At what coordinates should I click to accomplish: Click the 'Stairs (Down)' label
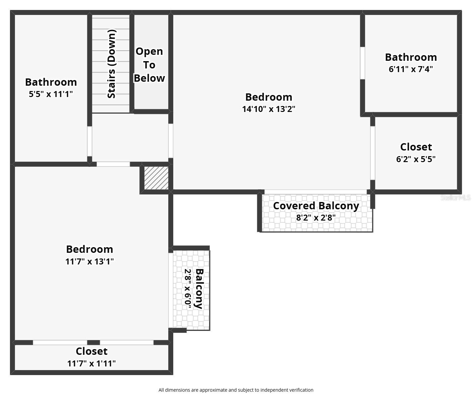(x=112, y=64)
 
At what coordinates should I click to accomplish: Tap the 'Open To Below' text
(x=149, y=65)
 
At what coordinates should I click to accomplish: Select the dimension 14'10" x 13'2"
(x=269, y=109)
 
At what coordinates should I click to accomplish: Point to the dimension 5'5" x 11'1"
(x=51, y=94)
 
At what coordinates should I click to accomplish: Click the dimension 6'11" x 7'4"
(x=411, y=69)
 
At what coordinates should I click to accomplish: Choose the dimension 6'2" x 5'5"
(x=416, y=159)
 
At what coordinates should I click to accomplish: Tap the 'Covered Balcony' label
(x=316, y=206)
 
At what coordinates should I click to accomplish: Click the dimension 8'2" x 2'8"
(x=316, y=218)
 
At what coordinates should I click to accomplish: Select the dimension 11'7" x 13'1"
(x=90, y=261)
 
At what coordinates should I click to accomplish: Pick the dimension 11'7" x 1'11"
(x=91, y=363)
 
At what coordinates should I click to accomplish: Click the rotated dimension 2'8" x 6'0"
(x=188, y=289)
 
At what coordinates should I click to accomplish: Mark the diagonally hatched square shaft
(x=156, y=178)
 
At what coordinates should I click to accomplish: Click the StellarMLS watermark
(x=455, y=197)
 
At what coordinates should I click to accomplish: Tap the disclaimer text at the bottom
(x=236, y=390)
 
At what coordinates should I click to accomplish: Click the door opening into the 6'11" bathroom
(x=362, y=63)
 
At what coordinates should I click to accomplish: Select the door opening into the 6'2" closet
(x=372, y=153)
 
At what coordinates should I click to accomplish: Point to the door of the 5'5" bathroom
(x=89, y=141)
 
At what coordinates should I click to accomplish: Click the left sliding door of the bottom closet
(x=60, y=343)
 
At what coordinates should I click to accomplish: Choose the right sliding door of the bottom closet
(x=127, y=343)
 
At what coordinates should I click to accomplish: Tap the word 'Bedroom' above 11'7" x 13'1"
(x=90, y=249)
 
